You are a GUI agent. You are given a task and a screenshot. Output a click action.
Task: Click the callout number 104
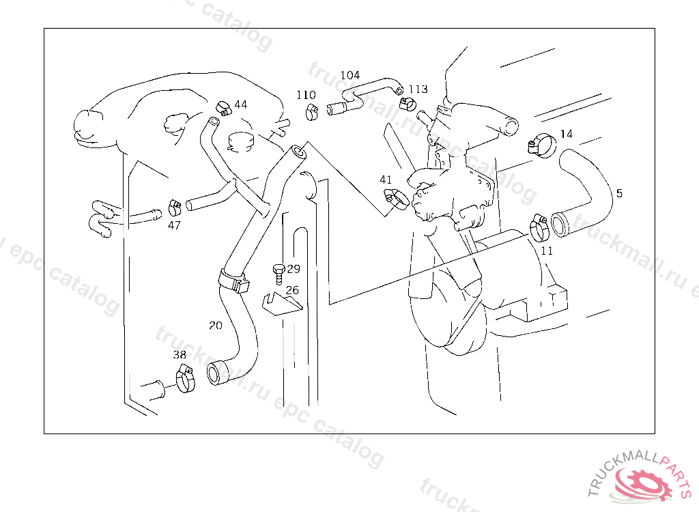click(x=349, y=75)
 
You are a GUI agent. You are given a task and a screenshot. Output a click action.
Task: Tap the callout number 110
click(x=306, y=95)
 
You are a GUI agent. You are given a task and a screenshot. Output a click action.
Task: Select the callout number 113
click(x=418, y=89)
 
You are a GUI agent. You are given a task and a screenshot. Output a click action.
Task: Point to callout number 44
click(x=241, y=104)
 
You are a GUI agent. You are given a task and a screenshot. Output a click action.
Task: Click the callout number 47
click(x=174, y=225)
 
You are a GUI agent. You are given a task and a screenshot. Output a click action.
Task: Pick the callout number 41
click(x=386, y=180)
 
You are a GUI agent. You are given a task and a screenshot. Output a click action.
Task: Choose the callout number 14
click(x=567, y=134)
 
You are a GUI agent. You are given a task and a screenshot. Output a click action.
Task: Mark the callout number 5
click(x=619, y=193)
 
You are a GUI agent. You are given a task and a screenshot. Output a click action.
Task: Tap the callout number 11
click(x=547, y=251)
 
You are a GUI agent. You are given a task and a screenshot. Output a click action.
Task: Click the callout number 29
click(x=294, y=269)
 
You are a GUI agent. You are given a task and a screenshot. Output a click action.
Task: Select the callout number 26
click(x=292, y=290)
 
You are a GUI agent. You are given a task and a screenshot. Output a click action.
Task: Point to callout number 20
click(x=215, y=326)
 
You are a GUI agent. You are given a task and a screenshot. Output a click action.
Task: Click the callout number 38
click(x=179, y=355)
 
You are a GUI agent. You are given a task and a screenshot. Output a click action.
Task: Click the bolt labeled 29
click(x=277, y=273)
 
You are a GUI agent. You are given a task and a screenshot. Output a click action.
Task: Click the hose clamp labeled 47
click(x=175, y=206)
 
